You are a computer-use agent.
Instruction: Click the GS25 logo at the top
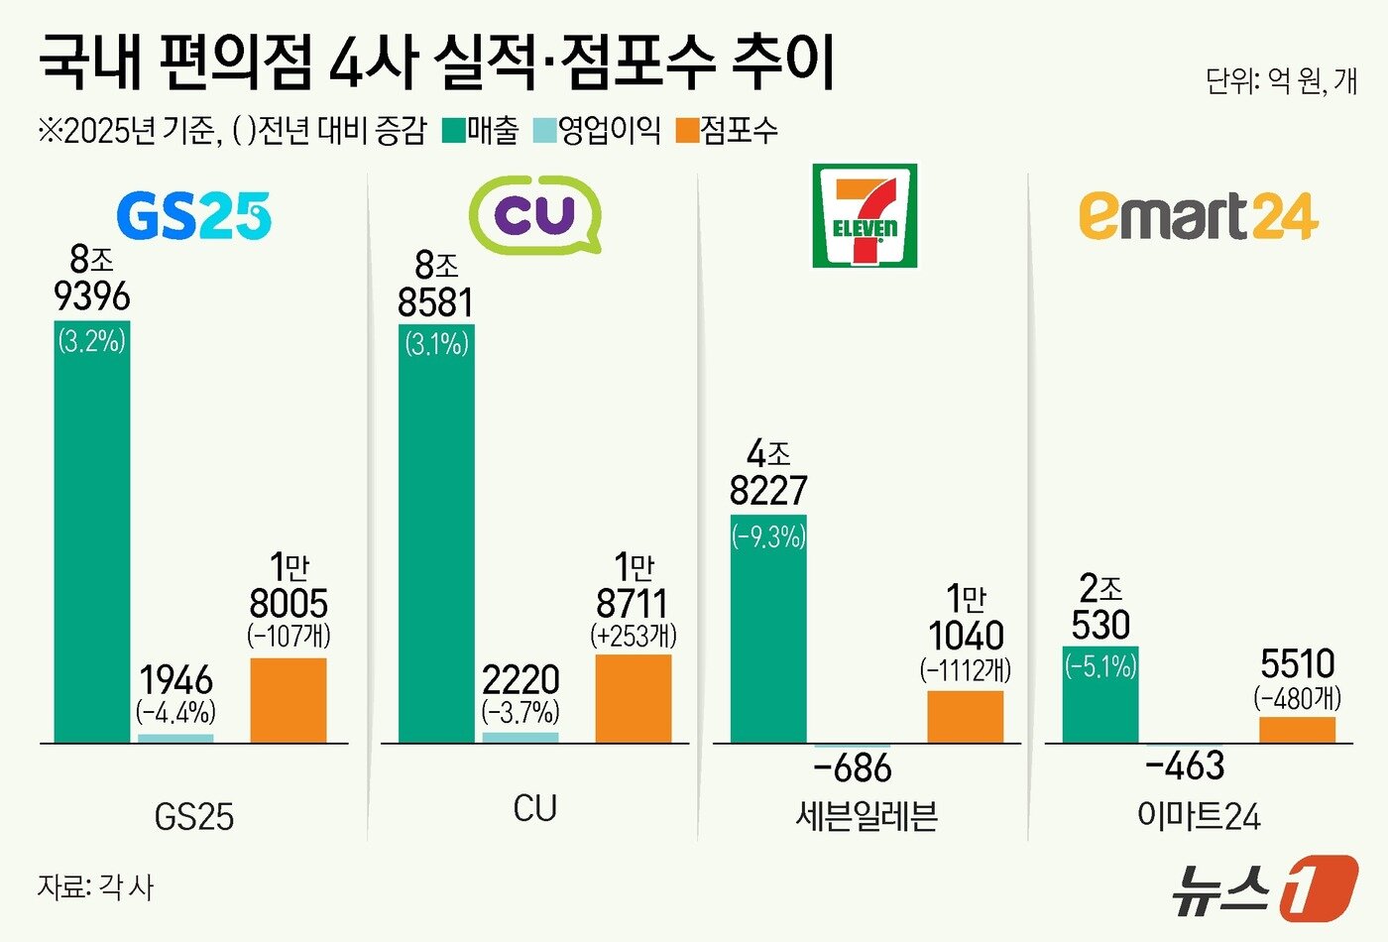coord(193,215)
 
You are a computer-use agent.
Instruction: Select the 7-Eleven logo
coord(865,216)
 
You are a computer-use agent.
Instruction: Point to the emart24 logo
coord(1198,216)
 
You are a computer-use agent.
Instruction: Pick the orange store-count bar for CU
coord(633,698)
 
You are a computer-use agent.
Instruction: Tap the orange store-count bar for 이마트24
coord(1297,729)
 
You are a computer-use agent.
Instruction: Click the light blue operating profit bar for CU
coord(520,737)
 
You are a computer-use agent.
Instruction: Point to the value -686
coord(852,768)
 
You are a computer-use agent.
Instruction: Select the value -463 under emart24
coord(1185,766)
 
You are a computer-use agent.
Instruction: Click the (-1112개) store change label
coord(966,670)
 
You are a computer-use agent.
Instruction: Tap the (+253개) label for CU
coord(634,636)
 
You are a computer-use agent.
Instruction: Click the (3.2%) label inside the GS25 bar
coord(92,342)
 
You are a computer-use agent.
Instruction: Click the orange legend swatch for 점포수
coord(686,130)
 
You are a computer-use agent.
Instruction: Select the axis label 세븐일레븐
coord(866,816)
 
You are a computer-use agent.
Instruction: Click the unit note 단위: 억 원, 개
coord(1280,80)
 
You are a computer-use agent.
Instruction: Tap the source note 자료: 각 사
coord(96,885)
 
